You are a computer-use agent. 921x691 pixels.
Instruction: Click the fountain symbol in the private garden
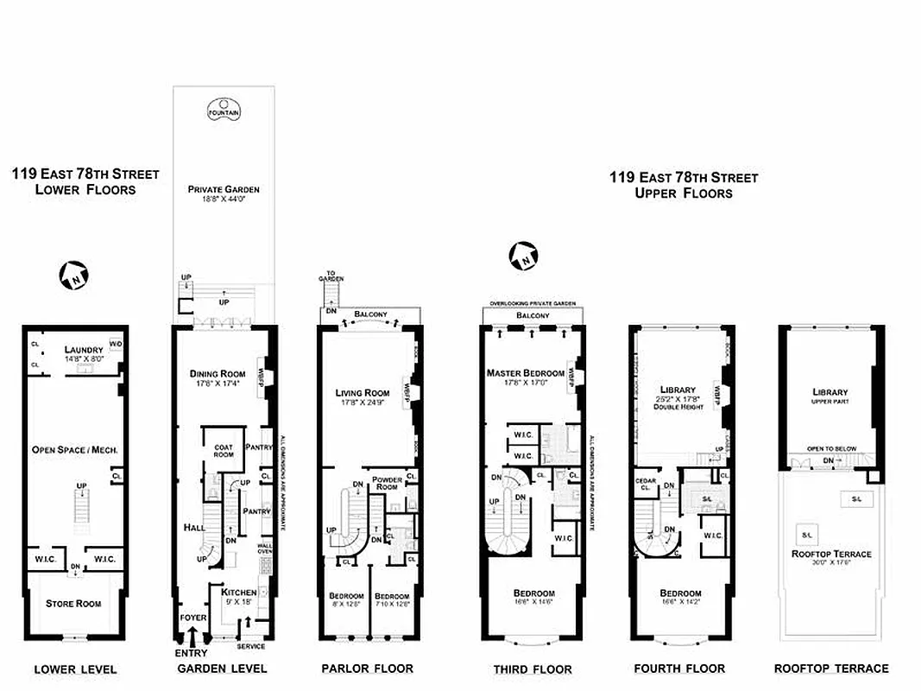[224, 111]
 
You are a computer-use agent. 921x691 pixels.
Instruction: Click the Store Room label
[73, 603]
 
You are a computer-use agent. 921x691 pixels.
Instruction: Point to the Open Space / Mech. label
[74, 449]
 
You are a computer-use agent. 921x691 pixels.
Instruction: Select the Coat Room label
[224, 451]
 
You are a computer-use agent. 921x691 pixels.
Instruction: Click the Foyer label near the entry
[192, 618]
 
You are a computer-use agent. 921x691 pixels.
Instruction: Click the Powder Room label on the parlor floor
[387, 483]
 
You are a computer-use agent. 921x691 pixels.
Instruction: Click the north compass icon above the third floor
[524, 256]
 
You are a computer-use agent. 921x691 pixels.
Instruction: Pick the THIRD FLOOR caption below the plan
[533, 669]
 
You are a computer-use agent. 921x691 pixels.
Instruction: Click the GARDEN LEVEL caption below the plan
[222, 669]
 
